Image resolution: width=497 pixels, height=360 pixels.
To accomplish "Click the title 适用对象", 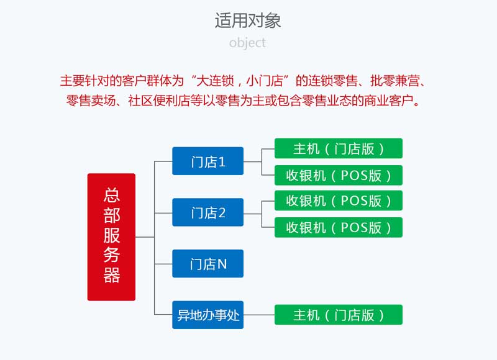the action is (x=248, y=20).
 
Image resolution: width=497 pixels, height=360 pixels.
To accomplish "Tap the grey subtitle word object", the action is (x=247, y=43).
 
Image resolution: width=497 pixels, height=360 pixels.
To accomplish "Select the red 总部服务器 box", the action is (x=111, y=237).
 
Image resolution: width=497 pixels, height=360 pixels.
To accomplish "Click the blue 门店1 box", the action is (x=208, y=161).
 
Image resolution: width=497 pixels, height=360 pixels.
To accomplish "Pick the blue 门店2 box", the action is (x=208, y=212).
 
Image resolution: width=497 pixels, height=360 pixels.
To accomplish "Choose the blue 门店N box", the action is (x=208, y=263).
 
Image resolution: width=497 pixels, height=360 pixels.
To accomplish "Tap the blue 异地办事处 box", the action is (x=208, y=315).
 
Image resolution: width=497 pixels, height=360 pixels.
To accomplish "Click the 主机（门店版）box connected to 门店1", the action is (x=339, y=148).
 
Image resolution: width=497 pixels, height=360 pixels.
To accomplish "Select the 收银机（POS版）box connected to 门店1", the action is (x=339, y=175).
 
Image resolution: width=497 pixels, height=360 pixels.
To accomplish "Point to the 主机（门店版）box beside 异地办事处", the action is (x=339, y=315).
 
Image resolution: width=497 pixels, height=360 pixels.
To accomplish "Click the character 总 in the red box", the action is (x=112, y=195).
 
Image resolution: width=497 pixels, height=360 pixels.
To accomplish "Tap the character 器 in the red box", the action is (x=112, y=275).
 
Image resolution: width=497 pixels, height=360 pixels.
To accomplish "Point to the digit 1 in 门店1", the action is (x=222, y=162).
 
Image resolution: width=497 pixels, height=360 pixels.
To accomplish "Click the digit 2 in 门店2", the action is (x=222, y=213).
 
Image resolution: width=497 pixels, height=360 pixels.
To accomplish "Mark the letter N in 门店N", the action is (x=222, y=264).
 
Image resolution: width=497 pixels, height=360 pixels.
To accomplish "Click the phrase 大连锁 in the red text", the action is (x=215, y=81).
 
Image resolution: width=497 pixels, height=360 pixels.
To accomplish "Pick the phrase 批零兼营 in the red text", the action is (x=395, y=81).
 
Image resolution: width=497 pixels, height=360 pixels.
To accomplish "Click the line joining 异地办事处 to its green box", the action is (x=259, y=315).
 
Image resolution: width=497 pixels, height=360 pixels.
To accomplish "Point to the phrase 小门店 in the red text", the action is (x=265, y=81).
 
